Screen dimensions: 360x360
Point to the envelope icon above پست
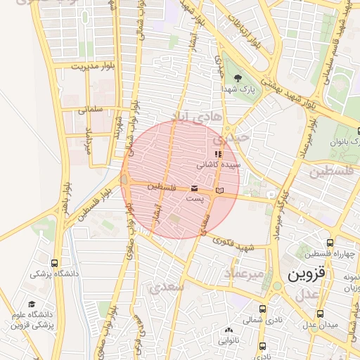tap(194, 188)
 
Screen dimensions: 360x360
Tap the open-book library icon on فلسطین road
tap(220, 191)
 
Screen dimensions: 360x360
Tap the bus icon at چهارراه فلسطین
tap(330, 242)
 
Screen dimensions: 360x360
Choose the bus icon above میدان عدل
tap(321, 314)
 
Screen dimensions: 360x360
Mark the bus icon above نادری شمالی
tap(262, 309)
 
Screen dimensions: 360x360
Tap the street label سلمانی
tap(91, 109)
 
